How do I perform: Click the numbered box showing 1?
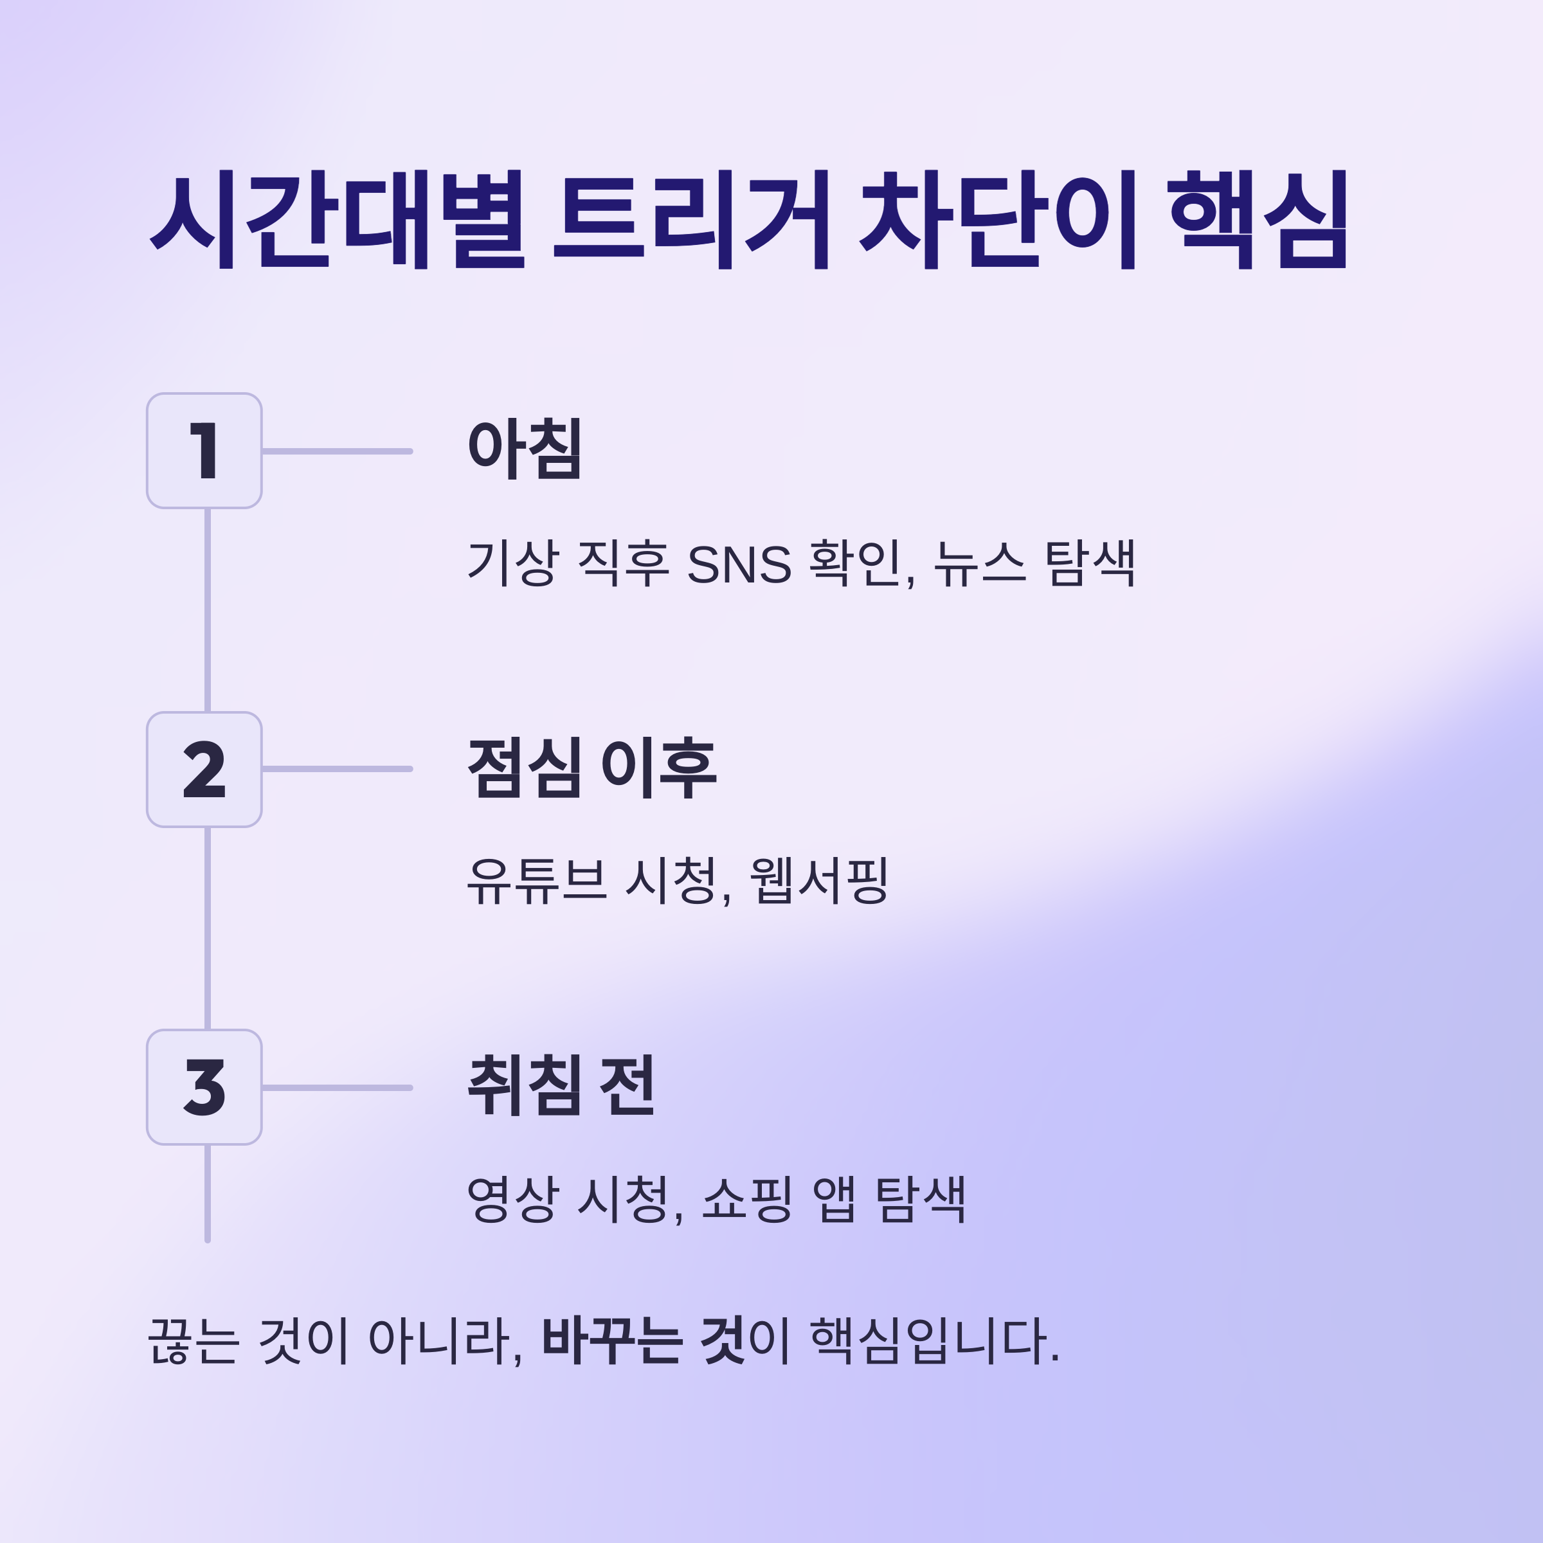click(204, 451)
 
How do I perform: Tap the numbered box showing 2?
click(204, 769)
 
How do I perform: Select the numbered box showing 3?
click(204, 1087)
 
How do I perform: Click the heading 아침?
click(524, 449)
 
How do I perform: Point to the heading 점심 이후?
click(591, 768)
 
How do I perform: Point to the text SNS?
click(739, 564)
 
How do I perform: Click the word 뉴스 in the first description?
click(979, 563)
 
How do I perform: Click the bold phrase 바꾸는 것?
click(644, 1340)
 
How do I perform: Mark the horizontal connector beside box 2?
click(337, 769)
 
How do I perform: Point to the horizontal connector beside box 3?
click(337, 1088)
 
